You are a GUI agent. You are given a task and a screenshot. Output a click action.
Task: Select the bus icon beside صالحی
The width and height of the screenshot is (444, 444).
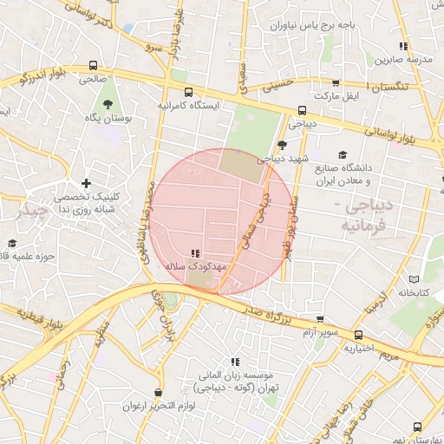point(93,65)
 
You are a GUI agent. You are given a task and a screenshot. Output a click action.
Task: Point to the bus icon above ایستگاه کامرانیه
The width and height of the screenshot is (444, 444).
point(189,91)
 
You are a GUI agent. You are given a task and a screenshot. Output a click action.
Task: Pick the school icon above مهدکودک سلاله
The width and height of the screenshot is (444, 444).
point(194,254)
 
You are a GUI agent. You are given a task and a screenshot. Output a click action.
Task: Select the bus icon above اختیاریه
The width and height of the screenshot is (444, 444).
point(359,335)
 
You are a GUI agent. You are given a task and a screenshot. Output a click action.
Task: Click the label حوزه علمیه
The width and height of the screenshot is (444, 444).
point(25,256)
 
